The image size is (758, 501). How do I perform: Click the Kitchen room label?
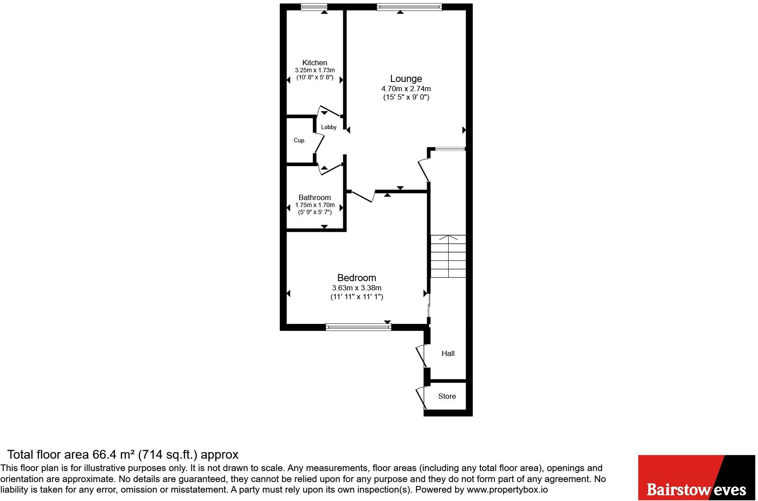pos(315,63)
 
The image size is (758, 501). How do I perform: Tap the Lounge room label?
pos(406,79)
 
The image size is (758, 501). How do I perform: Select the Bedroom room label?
pos(357,278)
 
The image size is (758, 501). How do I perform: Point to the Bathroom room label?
pos(315,197)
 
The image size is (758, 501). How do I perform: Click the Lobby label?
pos(329,127)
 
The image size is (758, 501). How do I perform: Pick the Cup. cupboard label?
pos(300,141)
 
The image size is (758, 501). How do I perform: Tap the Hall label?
pos(448,353)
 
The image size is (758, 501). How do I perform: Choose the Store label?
pos(447,396)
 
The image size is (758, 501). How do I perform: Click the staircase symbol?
pos(448,256)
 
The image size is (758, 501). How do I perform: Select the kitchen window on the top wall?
pos(314,7)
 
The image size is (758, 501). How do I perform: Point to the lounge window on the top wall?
pos(409,7)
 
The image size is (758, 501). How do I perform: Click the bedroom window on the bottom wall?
pos(358,327)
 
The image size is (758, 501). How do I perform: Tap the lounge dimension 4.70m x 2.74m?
pos(406,89)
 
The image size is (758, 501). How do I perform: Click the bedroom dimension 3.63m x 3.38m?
pos(357,288)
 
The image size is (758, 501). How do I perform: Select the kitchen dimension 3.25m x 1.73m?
pos(315,70)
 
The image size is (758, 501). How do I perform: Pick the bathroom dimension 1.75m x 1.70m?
pos(315,205)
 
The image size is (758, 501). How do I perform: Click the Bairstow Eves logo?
pos(697,477)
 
